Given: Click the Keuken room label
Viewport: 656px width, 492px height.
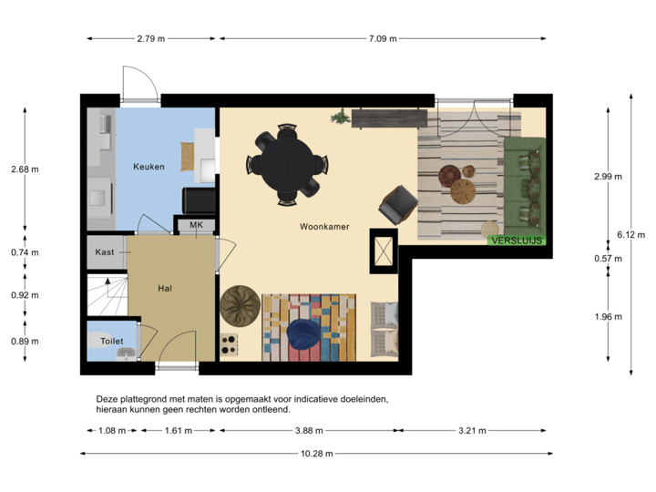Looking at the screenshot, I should pos(149,167).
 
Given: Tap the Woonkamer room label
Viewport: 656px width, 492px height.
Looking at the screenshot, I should pos(323,226).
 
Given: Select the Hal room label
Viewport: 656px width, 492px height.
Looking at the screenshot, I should pos(165,288).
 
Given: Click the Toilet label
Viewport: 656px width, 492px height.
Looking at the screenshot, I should pos(111,341).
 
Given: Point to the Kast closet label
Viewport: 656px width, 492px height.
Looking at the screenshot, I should pos(105,251).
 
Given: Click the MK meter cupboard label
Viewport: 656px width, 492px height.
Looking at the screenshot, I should pos(196,225).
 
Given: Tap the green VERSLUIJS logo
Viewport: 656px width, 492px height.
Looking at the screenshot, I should pos(517,241).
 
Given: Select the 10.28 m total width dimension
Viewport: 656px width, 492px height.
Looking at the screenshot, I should pos(316,453).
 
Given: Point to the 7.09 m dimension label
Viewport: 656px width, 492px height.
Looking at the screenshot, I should pos(383,38).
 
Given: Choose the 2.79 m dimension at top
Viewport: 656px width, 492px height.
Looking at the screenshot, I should pos(150,38).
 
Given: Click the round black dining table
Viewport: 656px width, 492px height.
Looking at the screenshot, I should pos(285,163).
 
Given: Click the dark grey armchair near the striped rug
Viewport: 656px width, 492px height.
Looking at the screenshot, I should pos(397,204).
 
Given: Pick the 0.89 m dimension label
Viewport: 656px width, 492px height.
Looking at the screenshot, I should pos(25,341).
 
